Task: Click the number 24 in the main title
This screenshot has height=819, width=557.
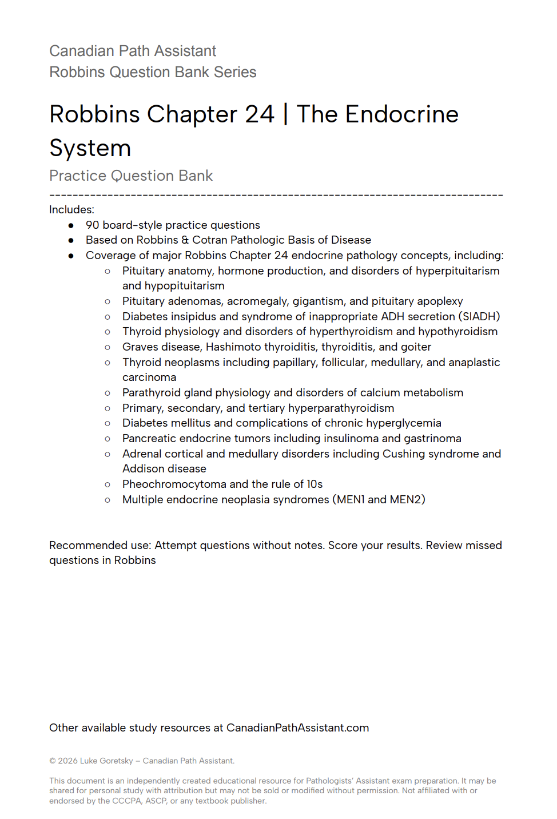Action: (260, 114)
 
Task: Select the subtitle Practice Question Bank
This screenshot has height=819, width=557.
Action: (131, 176)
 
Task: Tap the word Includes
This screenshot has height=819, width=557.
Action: (71, 210)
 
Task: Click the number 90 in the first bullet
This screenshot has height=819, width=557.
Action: (92, 225)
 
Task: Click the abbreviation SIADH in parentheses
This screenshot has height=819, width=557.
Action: (479, 317)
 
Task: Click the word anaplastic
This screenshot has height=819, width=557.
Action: (473, 363)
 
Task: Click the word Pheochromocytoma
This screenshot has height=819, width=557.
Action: (174, 484)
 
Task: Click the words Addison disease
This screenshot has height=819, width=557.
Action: (164, 469)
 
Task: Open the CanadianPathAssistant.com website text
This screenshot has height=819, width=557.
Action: (297, 728)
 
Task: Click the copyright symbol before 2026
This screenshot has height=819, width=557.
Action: (53, 761)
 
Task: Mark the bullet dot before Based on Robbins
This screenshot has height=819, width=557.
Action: (71, 241)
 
